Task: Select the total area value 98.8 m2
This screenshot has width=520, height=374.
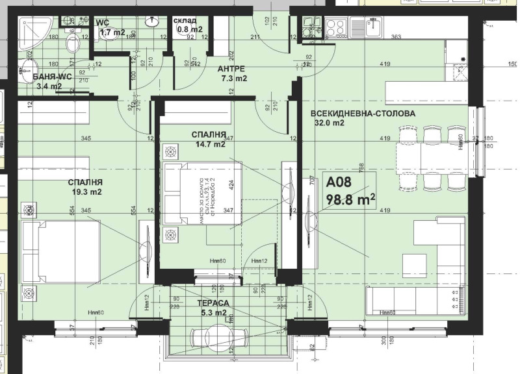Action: [350, 201]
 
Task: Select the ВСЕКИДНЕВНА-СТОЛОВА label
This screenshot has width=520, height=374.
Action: [363, 113]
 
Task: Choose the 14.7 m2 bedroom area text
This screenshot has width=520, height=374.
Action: [209, 145]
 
